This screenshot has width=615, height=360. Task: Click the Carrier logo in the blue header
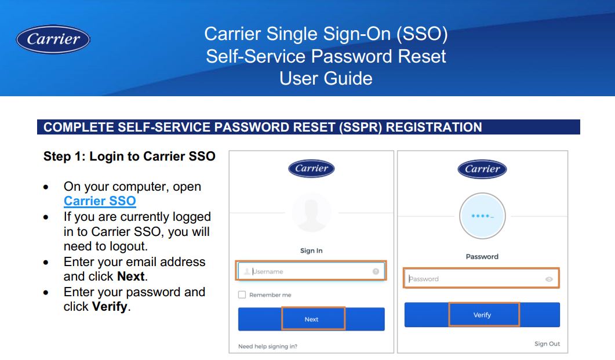[x=53, y=39]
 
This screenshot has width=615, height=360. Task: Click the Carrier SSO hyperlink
[x=100, y=201]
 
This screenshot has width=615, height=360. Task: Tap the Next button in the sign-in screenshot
[x=311, y=319]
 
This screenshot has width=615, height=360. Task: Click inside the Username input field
[x=311, y=271]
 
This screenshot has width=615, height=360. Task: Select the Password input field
[x=482, y=279]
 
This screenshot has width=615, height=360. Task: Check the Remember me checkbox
[x=242, y=294]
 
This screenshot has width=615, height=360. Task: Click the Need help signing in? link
[x=267, y=346]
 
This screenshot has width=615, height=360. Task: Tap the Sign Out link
[x=547, y=344]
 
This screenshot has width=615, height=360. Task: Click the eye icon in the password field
[x=549, y=279]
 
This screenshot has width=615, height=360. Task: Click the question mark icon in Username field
[x=376, y=271]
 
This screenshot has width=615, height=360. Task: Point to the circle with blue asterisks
[x=482, y=216]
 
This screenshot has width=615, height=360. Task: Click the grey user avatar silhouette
[x=311, y=212]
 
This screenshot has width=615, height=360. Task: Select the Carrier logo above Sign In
[x=311, y=169]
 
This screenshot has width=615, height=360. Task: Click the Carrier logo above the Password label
[x=482, y=169]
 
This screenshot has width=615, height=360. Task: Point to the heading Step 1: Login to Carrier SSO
[x=129, y=156]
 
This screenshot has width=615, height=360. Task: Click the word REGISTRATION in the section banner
[x=434, y=127]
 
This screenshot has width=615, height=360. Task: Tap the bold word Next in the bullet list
[x=131, y=276]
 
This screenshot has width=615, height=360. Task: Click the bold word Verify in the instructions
[x=110, y=306]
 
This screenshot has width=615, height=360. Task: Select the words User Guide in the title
[x=326, y=78]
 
